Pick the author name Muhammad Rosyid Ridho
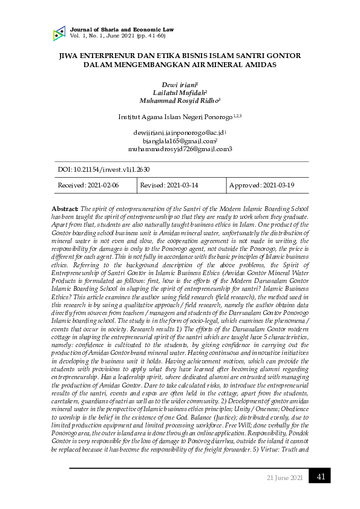tap(179, 101)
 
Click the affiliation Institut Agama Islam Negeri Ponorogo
tap(175, 116)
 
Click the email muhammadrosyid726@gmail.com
tap(180, 148)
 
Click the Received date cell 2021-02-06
tap(88, 185)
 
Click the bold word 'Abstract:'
tap(65, 208)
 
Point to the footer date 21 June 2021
tap(284, 478)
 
